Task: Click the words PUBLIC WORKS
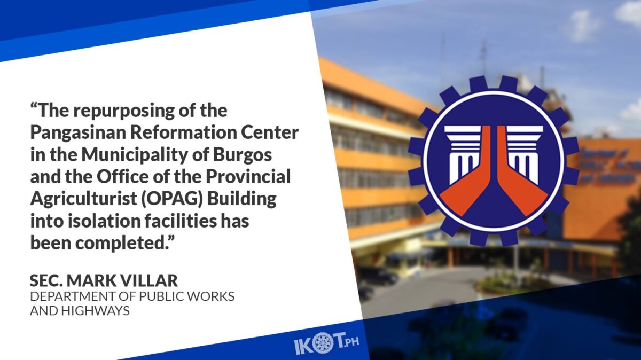(x=186, y=296)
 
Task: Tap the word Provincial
(x=248, y=177)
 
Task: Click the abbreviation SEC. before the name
(x=46, y=281)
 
